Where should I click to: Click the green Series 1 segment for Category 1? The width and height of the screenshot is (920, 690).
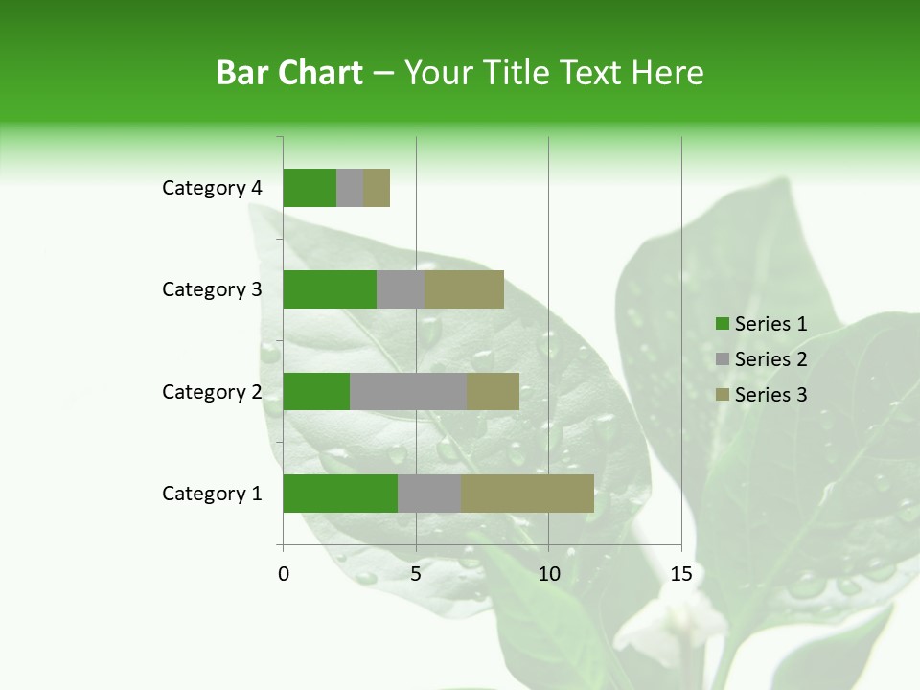click(x=340, y=494)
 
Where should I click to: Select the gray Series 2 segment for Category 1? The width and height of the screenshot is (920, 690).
click(x=429, y=494)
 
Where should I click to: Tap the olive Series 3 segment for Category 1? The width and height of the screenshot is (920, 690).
click(x=527, y=494)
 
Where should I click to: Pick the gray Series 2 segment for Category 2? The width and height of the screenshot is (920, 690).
click(x=408, y=391)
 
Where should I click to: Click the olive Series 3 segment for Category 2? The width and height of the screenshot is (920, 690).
click(x=493, y=391)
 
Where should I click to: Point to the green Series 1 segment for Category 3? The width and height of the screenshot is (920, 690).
click(x=330, y=289)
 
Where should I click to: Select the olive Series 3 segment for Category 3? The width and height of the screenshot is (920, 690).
click(x=464, y=289)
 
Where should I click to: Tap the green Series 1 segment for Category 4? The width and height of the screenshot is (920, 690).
click(x=310, y=188)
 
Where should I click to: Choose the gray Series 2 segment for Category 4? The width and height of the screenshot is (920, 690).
click(x=350, y=188)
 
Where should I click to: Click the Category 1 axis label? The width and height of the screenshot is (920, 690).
click(x=212, y=494)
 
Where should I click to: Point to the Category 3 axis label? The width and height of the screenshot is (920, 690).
click(x=212, y=289)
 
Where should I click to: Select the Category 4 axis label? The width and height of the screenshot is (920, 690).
click(x=212, y=188)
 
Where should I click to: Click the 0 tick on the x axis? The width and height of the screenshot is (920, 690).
click(x=284, y=574)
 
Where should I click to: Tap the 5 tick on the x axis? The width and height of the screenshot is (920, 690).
click(x=416, y=574)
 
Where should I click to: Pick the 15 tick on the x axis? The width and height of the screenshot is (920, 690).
click(x=680, y=574)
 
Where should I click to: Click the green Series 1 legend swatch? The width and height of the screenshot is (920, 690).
click(x=722, y=324)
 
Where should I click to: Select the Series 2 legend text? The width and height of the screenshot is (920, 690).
click(x=770, y=359)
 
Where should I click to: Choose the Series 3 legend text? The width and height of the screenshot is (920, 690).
click(x=770, y=395)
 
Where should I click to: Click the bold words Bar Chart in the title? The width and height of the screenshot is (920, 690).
click(x=289, y=73)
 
